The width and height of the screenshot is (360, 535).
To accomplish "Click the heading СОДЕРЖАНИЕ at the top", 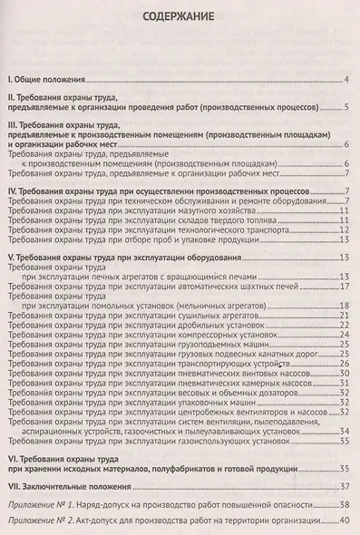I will coord(179,18).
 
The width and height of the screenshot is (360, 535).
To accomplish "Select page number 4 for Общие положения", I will coord(345,81).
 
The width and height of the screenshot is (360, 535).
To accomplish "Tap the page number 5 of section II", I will coord(345,107).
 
